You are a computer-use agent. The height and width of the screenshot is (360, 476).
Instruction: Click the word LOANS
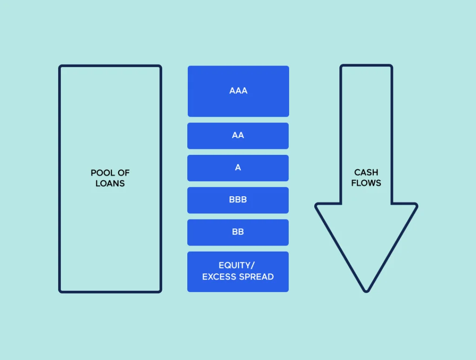pos(110,183)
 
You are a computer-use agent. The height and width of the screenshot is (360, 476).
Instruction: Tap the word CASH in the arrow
pos(366,173)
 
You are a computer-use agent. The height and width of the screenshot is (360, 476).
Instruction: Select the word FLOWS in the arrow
pos(366,183)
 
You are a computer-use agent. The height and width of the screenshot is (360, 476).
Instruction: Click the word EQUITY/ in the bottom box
pos(237,266)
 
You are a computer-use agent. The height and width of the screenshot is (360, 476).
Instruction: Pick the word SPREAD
pos(257,277)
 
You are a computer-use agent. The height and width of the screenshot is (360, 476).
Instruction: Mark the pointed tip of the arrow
pos(366,290)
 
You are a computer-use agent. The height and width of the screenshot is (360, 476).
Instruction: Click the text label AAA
pos(238,91)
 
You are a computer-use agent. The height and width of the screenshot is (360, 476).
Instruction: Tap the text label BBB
pos(238,200)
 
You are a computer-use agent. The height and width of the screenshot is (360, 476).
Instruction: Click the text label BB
pos(238,232)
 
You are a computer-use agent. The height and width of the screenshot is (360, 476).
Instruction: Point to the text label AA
pos(238,135)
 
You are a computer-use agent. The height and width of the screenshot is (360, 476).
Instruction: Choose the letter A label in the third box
pos(238,167)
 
